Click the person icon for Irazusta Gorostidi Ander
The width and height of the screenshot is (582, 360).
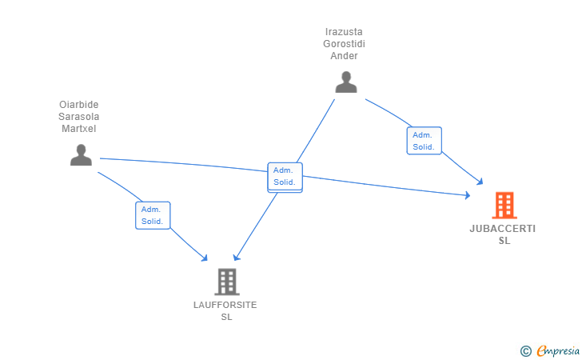pyautogui.click(x=346, y=82)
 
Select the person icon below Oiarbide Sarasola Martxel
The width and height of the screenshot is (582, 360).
pyautogui.click(x=81, y=154)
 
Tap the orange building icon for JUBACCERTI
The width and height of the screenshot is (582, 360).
pyautogui.click(x=504, y=205)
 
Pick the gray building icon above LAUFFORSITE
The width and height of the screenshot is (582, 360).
pyautogui.click(x=227, y=282)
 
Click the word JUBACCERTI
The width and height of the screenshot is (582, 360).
pyautogui.click(x=503, y=229)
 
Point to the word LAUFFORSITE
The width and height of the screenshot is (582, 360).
pyautogui.click(x=225, y=305)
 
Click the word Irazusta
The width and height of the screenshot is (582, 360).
pyautogui.click(x=344, y=32)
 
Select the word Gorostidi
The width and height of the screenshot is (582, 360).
pyautogui.click(x=344, y=44)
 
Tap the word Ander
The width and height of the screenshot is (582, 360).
pyautogui.click(x=344, y=56)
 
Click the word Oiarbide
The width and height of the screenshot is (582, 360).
pyautogui.click(x=78, y=105)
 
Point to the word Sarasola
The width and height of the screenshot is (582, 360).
pyautogui.click(x=78, y=117)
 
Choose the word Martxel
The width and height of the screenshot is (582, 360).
pyautogui.click(x=78, y=129)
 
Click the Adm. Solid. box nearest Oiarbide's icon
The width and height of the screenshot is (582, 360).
pyautogui.click(x=153, y=215)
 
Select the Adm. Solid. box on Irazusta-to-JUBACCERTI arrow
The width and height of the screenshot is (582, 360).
pyautogui.click(x=424, y=141)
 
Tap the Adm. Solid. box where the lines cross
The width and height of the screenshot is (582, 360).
pyautogui.click(x=285, y=177)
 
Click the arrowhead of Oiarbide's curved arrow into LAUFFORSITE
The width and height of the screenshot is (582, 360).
pyautogui.click(x=205, y=258)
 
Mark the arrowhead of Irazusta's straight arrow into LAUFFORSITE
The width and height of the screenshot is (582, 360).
pyautogui.click(x=236, y=258)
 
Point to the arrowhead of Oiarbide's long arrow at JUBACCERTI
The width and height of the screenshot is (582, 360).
pyautogui.click(x=468, y=194)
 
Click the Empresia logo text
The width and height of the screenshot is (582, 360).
pyautogui.click(x=558, y=350)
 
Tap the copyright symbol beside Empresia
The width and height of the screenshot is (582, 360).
pyautogui.click(x=526, y=351)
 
